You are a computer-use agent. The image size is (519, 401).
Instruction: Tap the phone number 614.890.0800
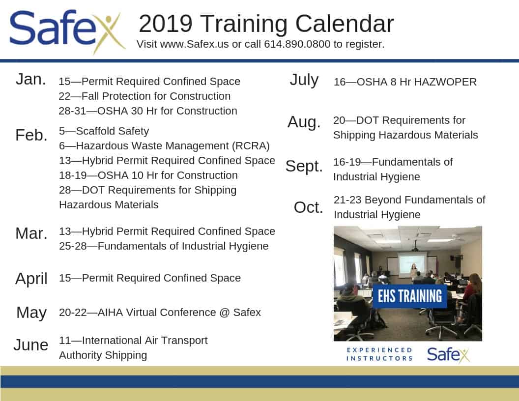tap(297, 44)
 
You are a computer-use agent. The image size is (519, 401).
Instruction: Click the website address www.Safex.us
tap(194, 44)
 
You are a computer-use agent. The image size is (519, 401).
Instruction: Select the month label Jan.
tap(31, 80)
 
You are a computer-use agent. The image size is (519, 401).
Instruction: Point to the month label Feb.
tap(31, 135)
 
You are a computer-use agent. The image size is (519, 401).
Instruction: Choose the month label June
tap(31, 345)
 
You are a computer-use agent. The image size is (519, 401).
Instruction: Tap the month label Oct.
tap(308, 207)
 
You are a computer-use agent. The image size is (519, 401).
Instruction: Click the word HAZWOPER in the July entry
tap(445, 82)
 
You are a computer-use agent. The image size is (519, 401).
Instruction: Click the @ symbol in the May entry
tap(225, 313)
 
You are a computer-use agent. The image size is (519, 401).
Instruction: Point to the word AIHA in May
tap(110, 313)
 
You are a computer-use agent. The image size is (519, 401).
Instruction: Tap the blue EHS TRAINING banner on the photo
tap(410, 296)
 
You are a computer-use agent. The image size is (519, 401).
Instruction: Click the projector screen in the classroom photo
tap(412, 264)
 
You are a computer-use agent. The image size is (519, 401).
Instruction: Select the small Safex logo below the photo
tap(448, 355)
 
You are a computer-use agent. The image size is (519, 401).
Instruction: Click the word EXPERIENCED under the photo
tap(379, 350)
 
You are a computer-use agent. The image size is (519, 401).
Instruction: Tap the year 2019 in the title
tap(166, 24)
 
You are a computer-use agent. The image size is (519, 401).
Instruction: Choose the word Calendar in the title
tap(344, 24)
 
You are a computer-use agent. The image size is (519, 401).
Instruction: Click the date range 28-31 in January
tap(72, 111)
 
